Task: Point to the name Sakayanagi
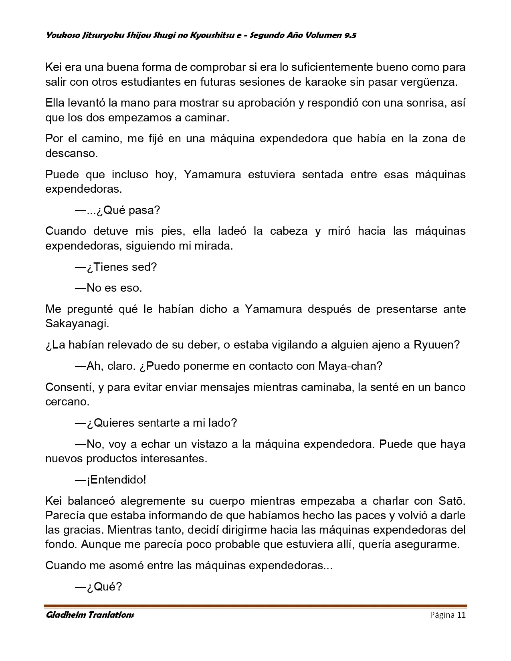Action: pos(77,324)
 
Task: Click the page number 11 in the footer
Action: pos(461,615)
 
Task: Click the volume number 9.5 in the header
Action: pos(350,35)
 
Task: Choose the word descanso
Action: pos(71,153)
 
